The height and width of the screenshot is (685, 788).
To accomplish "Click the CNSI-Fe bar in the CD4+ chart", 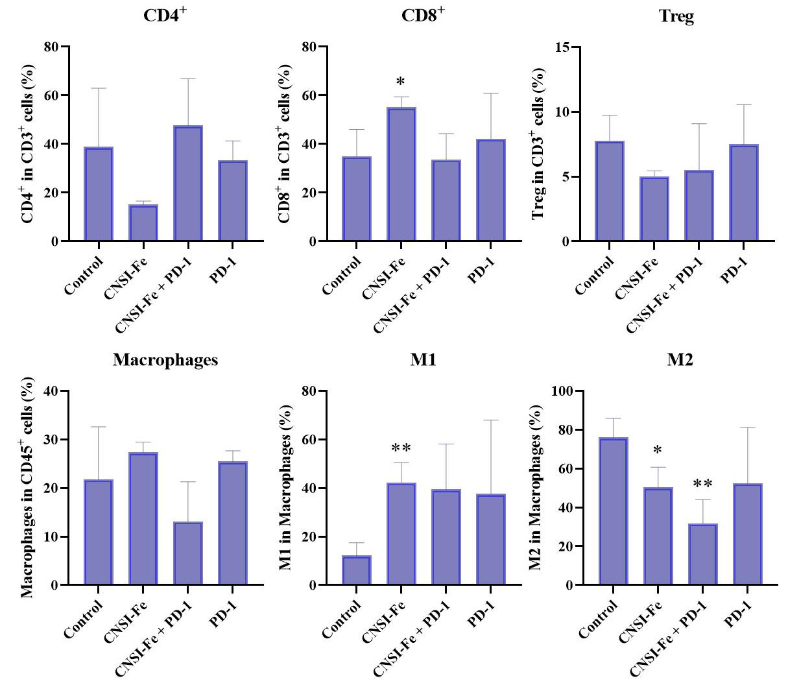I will point(143,223).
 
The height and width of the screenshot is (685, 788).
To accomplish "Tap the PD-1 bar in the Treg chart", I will point(744,193).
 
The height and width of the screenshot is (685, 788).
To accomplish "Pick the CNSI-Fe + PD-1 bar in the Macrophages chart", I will point(188,553).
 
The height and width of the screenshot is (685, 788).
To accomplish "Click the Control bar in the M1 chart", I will point(356,570).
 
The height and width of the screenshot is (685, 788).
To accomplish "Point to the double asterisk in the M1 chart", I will point(400,448).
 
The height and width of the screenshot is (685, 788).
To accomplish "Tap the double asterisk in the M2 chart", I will point(703,484).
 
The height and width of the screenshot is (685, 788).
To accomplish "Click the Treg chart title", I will point(676,17).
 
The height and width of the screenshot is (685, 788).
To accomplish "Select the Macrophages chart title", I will point(165,361).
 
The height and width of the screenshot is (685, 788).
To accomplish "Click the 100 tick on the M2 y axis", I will point(562,391).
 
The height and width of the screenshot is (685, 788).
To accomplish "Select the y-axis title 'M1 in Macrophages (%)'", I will point(286,488).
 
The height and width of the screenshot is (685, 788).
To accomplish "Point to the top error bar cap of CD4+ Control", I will point(99,88).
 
